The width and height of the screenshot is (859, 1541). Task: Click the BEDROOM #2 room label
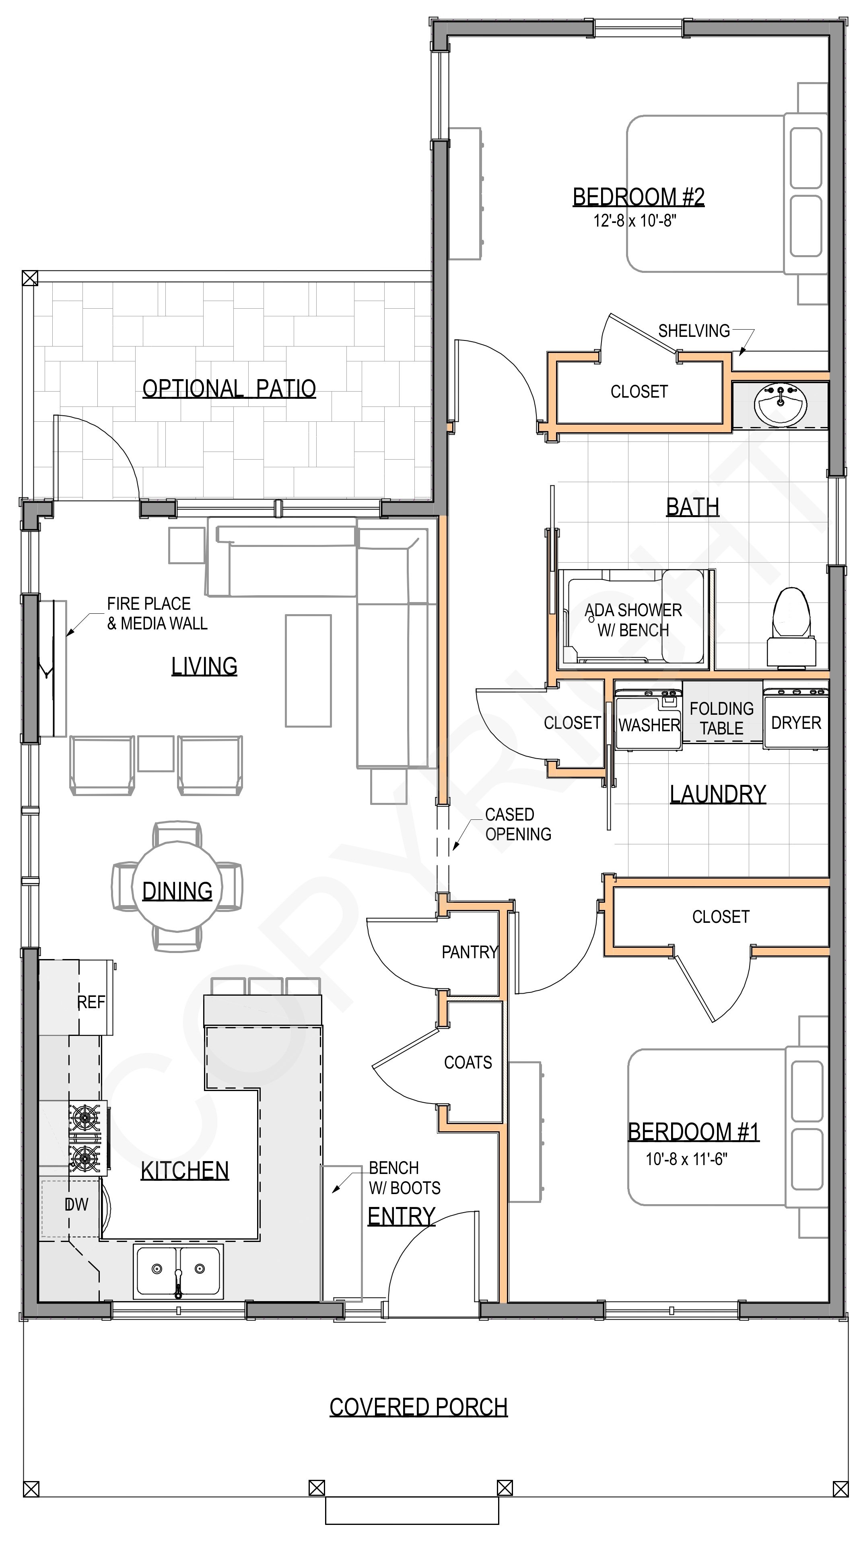[638, 197]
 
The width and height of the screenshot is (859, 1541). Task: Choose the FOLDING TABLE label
[721, 718]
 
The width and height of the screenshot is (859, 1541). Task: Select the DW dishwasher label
[76, 1204]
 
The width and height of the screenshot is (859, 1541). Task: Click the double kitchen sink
[178, 1270]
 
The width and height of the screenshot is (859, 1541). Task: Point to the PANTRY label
[470, 952]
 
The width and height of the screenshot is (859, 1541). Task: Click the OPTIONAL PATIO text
[229, 389]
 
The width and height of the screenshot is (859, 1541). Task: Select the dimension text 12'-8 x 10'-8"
[634, 221]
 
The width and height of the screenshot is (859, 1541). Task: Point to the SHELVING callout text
[694, 331]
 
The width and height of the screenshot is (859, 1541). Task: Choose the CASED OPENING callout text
[518, 824]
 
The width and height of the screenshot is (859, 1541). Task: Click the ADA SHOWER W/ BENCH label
[633, 620]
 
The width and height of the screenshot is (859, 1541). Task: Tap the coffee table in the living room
[308, 670]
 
